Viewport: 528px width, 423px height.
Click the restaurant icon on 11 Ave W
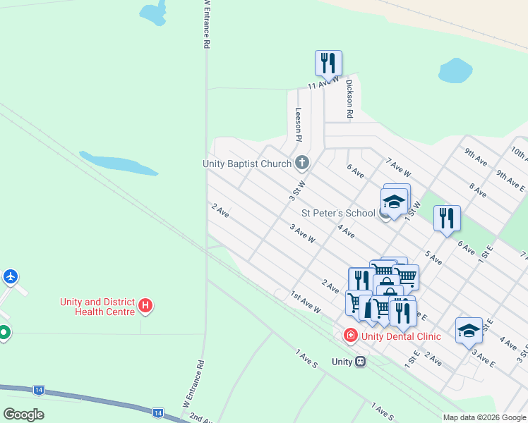[x=328, y=63]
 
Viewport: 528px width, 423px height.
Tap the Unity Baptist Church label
[x=247, y=164]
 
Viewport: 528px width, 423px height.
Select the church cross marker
[x=302, y=164]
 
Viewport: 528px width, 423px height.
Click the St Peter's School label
[x=338, y=213]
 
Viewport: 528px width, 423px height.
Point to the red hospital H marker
[x=145, y=305]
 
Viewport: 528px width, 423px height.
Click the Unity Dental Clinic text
[x=401, y=336]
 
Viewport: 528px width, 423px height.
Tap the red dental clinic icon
[x=350, y=336]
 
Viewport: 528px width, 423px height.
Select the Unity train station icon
[x=361, y=362]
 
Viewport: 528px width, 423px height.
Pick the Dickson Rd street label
[x=349, y=98]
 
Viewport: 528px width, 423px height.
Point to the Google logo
[x=23, y=415]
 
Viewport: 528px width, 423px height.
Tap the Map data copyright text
[x=484, y=417]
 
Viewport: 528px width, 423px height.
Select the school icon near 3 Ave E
[x=469, y=330]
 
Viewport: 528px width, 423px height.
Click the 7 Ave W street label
[x=399, y=167]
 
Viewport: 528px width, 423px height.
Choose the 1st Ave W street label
[x=306, y=302]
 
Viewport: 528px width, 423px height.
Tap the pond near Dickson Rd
[x=455, y=70]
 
